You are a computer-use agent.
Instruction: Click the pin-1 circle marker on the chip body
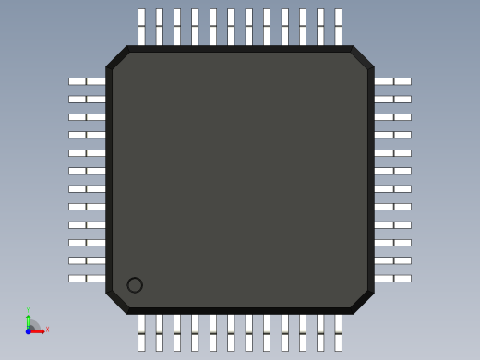135,285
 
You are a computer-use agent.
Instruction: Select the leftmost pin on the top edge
141,26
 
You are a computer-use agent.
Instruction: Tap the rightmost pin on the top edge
338,26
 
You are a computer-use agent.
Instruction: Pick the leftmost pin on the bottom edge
141,333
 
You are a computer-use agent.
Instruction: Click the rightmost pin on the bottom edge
338,333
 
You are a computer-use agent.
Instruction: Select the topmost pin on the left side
87,81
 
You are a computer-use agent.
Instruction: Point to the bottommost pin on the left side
87,278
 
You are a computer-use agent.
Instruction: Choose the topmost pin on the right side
392,81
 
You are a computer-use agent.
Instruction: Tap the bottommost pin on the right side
392,278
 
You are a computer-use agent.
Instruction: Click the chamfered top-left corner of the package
117,57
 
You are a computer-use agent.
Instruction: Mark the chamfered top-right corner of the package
362,57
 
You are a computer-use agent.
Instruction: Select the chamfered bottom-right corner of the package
362,302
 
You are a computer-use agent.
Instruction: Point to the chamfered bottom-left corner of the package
117,302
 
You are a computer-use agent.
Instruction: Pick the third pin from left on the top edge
177,26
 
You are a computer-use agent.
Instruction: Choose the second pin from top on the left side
87,99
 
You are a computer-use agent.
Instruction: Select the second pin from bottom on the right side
392,260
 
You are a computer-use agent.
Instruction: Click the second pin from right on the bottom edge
320,333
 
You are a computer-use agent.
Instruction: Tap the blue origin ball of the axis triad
29,330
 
